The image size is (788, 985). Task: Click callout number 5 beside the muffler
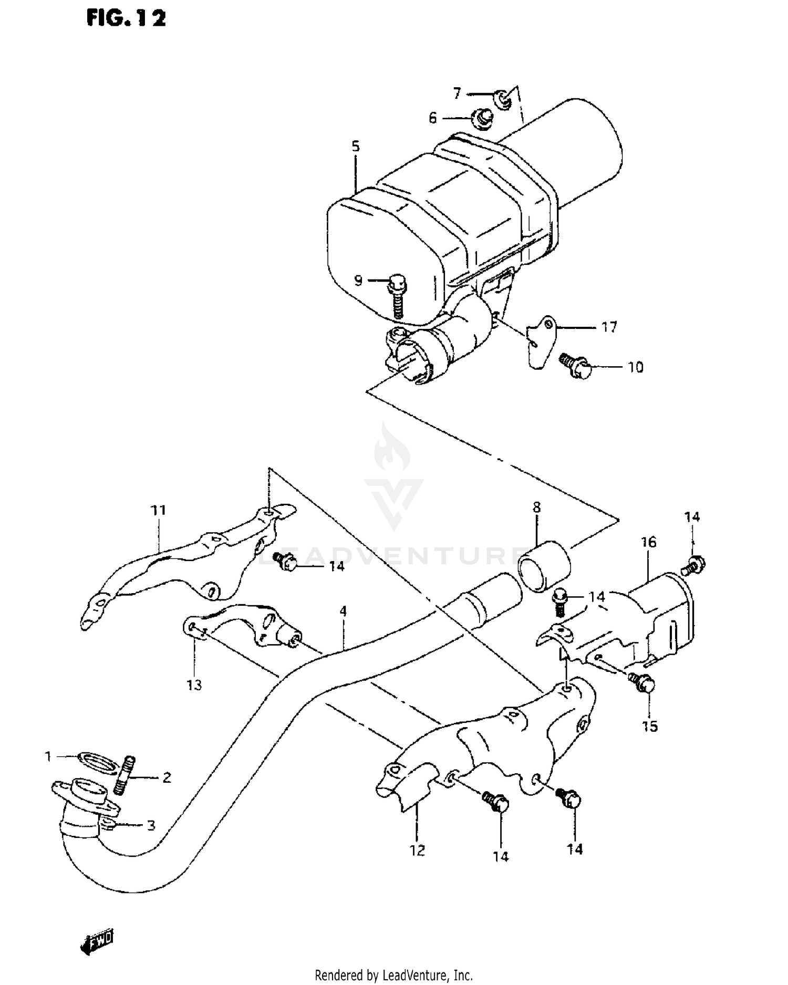point(356,146)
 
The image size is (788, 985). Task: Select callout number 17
point(609,327)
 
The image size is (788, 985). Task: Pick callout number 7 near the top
point(457,94)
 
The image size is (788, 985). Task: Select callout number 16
point(649,542)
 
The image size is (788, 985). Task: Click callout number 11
point(158,510)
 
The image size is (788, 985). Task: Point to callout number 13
point(194,685)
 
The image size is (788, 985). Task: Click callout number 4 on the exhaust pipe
point(343,611)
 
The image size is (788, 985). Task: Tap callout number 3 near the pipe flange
point(151,825)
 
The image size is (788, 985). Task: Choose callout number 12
point(417,850)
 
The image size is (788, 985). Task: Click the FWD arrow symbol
point(98,939)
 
